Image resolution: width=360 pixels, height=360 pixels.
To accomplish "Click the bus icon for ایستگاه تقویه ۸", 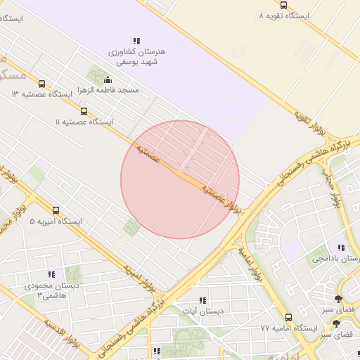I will (283, 5).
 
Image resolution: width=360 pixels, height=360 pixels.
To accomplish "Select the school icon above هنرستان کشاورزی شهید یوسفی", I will (136, 41).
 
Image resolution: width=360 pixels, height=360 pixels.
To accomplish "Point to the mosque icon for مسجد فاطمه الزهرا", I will (107, 80).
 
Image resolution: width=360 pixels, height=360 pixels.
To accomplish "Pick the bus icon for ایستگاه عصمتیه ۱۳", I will (41, 84).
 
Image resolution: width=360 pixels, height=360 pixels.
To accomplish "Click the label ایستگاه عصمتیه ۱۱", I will (84, 122).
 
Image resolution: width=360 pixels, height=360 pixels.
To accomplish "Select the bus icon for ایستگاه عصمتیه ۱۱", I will (84, 111).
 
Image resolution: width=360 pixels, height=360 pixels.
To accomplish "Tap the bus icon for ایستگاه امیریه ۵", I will (56, 210).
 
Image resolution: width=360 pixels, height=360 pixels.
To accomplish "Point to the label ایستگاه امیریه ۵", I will (56, 221).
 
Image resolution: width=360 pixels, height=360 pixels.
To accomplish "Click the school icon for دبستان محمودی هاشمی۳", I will (51, 274).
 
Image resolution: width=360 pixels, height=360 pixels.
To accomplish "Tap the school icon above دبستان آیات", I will (203, 300).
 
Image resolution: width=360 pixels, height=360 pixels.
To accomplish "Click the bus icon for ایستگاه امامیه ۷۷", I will (288, 317).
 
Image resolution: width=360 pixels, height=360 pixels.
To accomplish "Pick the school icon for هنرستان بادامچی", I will (341, 248).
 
